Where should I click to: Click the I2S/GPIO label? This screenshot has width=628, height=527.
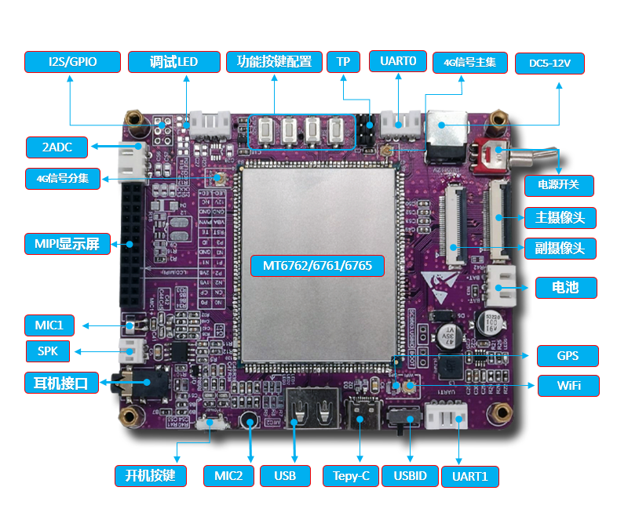(x=72, y=62)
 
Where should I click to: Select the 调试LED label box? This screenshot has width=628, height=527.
(x=173, y=62)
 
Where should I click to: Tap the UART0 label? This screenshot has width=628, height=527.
(x=403, y=61)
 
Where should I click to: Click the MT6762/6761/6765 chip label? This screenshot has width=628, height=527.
(x=318, y=265)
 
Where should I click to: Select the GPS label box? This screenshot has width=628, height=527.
(x=568, y=356)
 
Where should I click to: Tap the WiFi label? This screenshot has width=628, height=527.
(x=568, y=386)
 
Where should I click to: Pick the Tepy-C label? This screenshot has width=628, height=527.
(x=351, y=476)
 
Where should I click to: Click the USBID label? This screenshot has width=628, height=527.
(x=411, y=476)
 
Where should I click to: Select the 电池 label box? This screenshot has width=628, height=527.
(x=566, y=287)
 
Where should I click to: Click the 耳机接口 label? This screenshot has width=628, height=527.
(x=61, y=383)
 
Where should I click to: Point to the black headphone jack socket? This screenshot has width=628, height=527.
(x=126, y=384)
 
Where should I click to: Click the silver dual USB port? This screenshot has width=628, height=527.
(x=313, y=407)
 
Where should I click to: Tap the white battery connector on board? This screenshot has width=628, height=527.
(x=499, y=286)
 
